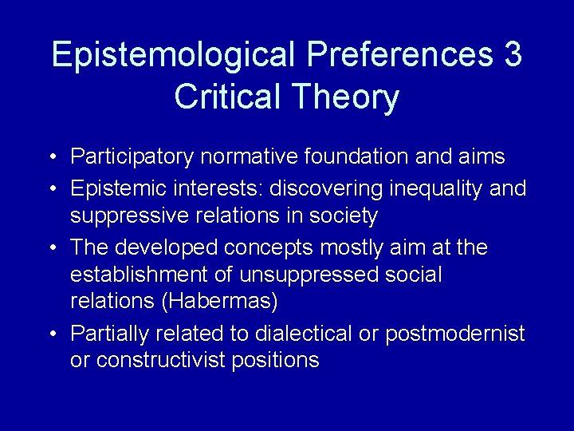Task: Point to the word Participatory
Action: point(132,157)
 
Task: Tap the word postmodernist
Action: point(454,333)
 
